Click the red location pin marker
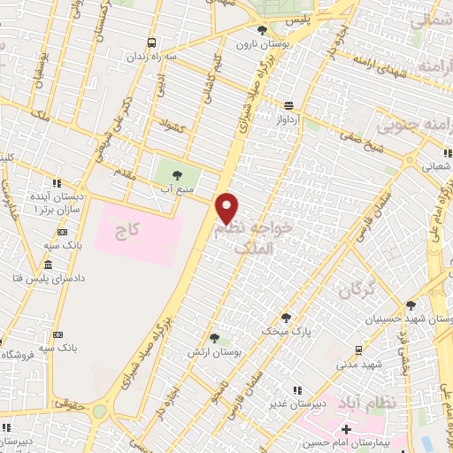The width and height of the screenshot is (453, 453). click(x=228, y=207)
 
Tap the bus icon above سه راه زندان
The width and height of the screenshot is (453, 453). click(x=152, y=42)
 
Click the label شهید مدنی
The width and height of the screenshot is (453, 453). click(x=357, y=363)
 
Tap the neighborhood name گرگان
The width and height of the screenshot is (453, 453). click(x=363, y=288)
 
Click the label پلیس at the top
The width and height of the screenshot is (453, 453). click(x=303, y=17)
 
